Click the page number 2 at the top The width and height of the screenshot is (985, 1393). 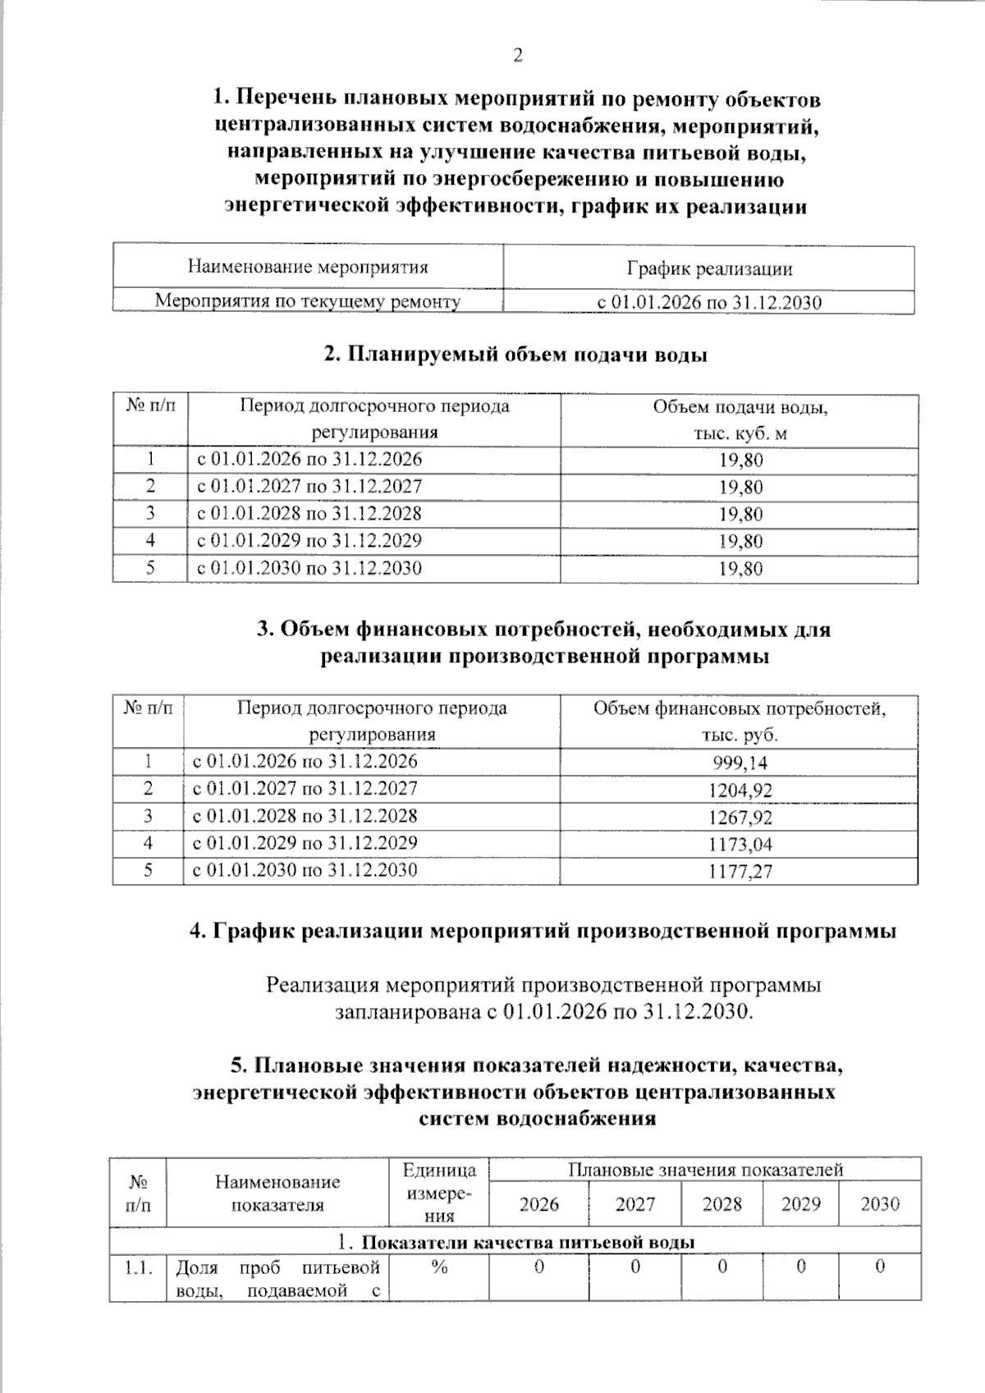coord(518,56)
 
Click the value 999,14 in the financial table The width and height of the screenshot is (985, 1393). coord(740,763)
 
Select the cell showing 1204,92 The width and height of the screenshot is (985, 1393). coord(740,790)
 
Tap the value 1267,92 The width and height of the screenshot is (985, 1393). coord(740,818)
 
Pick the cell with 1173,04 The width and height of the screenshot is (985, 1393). coord(740,845)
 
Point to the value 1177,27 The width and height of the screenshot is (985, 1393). coord(740,872)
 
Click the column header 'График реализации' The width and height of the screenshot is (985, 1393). coord(709,268)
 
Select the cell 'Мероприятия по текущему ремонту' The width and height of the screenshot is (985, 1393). coord(308,301)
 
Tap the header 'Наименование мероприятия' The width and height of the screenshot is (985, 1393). coord(308,267)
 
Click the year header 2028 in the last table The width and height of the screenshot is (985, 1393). coord(722,1204)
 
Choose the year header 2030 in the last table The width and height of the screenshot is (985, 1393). coord(880,1204)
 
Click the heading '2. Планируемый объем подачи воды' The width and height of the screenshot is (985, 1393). coord(515,355)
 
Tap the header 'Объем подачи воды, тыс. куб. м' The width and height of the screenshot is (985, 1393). coord(740,419)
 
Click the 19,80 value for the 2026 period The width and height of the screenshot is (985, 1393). coord(740,460)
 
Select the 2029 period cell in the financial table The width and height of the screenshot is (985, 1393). coord(305,843)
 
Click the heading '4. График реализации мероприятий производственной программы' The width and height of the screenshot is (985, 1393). coord(543,931)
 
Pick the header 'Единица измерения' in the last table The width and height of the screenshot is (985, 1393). coord(439,1193)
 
